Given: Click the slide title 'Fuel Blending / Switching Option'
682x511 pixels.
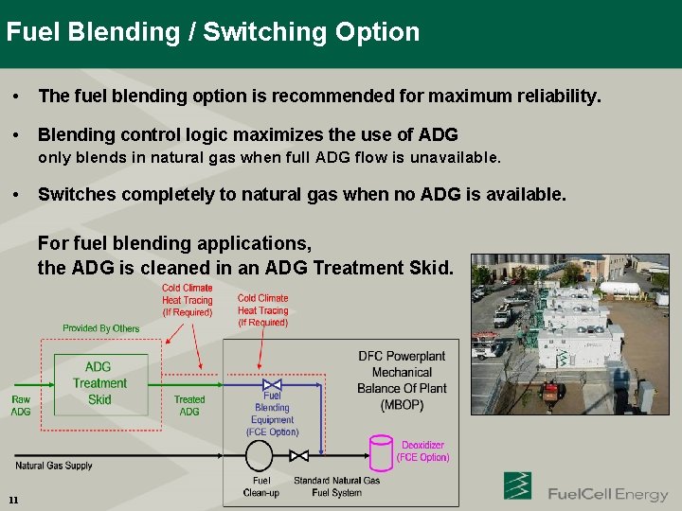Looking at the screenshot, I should [x=212, y=32].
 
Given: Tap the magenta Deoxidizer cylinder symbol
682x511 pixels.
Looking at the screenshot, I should [x=380, y=451].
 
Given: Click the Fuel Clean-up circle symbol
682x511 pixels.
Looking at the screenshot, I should [x=260, y=456].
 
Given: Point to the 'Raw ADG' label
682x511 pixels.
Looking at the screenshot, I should [x=21, y=406].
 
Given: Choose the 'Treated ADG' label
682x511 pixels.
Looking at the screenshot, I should [x=189, y=406].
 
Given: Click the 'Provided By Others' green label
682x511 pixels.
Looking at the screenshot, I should [x=100, y=328].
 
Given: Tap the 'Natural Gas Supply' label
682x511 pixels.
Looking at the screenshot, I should [x=54, y=466].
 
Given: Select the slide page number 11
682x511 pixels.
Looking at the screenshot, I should [x=13, y=500].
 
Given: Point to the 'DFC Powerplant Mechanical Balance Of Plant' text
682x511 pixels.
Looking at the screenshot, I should [x=402, y=380].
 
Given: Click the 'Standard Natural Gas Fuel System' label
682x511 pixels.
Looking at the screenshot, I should [x=336, y=486].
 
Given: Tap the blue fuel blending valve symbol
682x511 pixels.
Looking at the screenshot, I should [x=272, y=386].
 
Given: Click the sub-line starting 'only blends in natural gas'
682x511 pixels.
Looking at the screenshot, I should [x=269, y=157].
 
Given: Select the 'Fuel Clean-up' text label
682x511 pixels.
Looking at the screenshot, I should [x=261, y=486].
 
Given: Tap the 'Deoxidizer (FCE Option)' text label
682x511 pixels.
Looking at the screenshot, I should [x=422, y=451].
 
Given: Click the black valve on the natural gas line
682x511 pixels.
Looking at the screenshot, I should [x=299, y=456].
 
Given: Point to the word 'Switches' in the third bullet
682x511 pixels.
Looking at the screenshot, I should [x=79, y=195].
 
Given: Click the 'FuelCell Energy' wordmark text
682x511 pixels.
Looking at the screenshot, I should [x=607, y=494].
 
